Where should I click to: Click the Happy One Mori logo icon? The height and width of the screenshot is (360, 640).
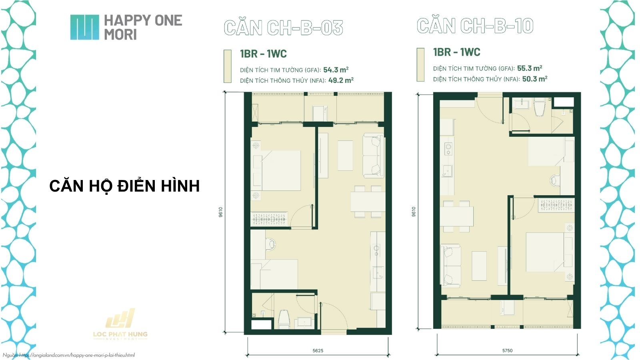point(84,27)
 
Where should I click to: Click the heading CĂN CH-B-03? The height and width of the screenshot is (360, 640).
point(283,28)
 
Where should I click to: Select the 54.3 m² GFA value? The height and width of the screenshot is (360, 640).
point(336,70)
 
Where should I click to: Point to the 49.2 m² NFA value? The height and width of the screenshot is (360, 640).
point(340,80)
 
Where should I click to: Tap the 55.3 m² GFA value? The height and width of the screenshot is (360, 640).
point(529,68)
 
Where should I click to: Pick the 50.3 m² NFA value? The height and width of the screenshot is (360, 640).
point(534,79)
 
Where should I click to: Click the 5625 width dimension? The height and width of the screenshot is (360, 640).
point(318,351)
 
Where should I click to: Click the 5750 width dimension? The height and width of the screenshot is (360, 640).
point(507,351)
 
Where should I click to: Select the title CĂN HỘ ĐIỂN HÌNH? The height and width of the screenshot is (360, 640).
point(124,186)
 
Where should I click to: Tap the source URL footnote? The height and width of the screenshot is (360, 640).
point(69,355)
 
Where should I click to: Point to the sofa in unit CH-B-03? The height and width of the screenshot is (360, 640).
point(373,156)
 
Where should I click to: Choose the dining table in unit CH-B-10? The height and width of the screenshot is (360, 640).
point(456,216)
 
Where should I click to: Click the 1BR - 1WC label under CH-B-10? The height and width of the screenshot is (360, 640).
point(456,52)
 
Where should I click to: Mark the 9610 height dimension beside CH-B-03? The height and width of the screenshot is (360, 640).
point(220,212)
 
